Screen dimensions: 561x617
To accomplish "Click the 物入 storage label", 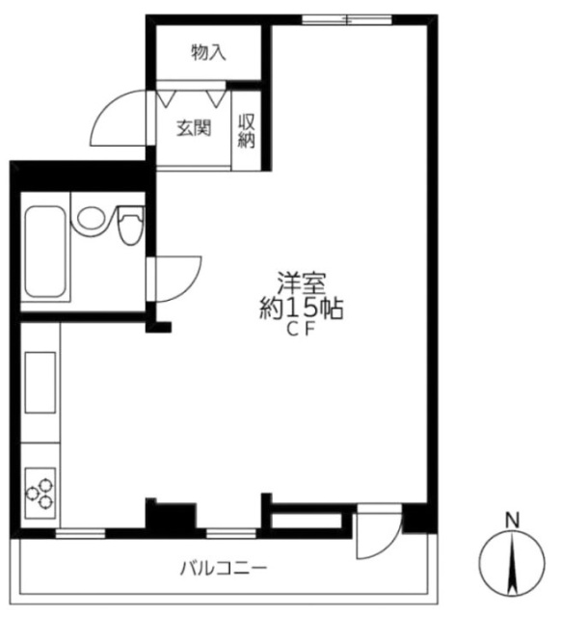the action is [208, 53].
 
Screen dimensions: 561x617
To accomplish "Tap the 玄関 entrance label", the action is [194, 128].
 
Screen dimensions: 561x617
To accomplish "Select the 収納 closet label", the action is [246, 131].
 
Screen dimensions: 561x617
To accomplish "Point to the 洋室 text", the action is [302, 283].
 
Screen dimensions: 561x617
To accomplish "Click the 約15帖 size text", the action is [302, 308].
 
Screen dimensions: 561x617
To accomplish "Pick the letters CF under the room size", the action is [302, 331].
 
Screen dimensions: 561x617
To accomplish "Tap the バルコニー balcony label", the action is [224, 569].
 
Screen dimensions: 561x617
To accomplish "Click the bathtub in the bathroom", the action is [45, 252].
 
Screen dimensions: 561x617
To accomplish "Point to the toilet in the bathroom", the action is [130, 225].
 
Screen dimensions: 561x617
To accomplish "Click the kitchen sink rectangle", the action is [40, 383].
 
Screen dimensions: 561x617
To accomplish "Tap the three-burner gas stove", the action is [40, 493].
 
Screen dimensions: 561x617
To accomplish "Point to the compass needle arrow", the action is [512, 563].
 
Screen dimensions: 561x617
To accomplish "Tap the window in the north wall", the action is [347, 19].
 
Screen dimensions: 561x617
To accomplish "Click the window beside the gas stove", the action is [80, 533].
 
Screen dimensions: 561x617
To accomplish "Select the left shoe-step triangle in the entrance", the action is [166, 98].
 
